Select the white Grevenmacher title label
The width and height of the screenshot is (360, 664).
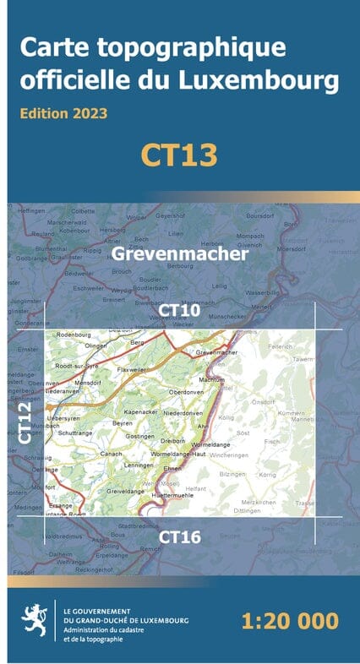coord(180,253)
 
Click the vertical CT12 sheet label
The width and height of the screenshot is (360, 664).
coord(25,422)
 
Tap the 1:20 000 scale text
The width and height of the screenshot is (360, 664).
coord(289,621)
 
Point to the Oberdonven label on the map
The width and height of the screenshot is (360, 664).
coord(188,393)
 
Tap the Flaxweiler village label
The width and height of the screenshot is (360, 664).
coord(133,369)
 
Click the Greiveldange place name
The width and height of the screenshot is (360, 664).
coord(125,491)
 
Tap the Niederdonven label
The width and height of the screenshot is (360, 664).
coord(185,413)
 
